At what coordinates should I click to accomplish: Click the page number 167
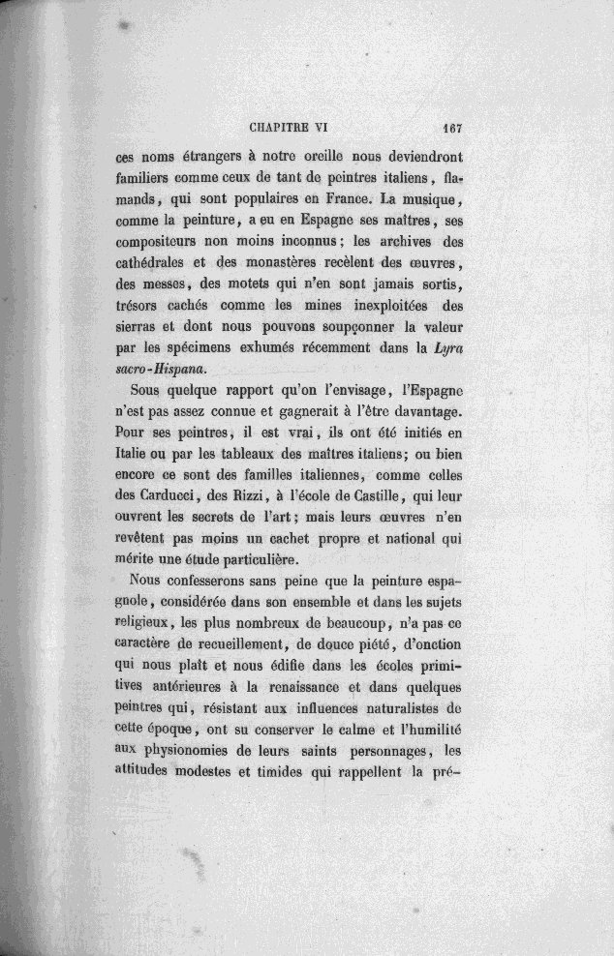point(454,125)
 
